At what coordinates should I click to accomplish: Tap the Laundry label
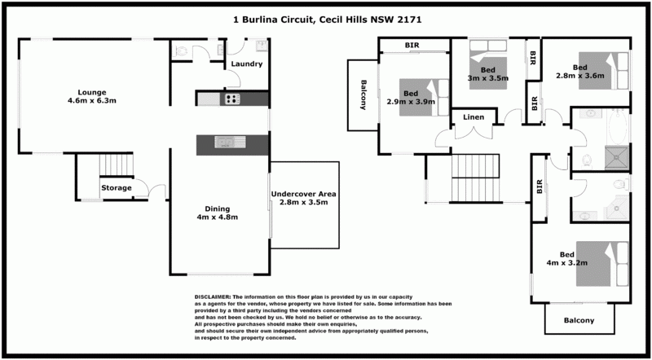tap(246, 64)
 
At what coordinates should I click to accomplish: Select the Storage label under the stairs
tap(117, 188)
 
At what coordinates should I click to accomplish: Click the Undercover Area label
tap(303, 194)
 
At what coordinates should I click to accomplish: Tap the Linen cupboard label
tap(474, 118)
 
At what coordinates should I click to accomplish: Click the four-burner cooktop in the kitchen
tap(231, 99)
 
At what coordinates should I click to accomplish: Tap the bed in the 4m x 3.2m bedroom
tap(603, 263)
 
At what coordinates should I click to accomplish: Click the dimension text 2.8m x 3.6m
tap(579, 77)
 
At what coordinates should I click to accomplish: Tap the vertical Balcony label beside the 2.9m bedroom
tap(362, 94)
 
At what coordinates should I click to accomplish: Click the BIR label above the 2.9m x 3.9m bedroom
tap(413, 45)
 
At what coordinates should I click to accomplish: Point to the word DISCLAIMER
tap(213, 298)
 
